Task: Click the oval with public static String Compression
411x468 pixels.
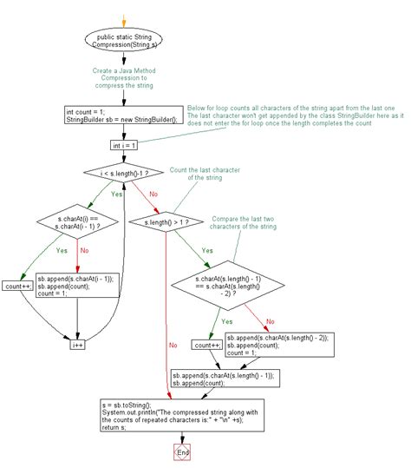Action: [125, 41]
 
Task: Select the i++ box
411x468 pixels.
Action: [79, 344]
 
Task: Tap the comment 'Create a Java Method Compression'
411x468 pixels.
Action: [125, 80]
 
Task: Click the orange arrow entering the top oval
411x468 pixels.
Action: [125, 18]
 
